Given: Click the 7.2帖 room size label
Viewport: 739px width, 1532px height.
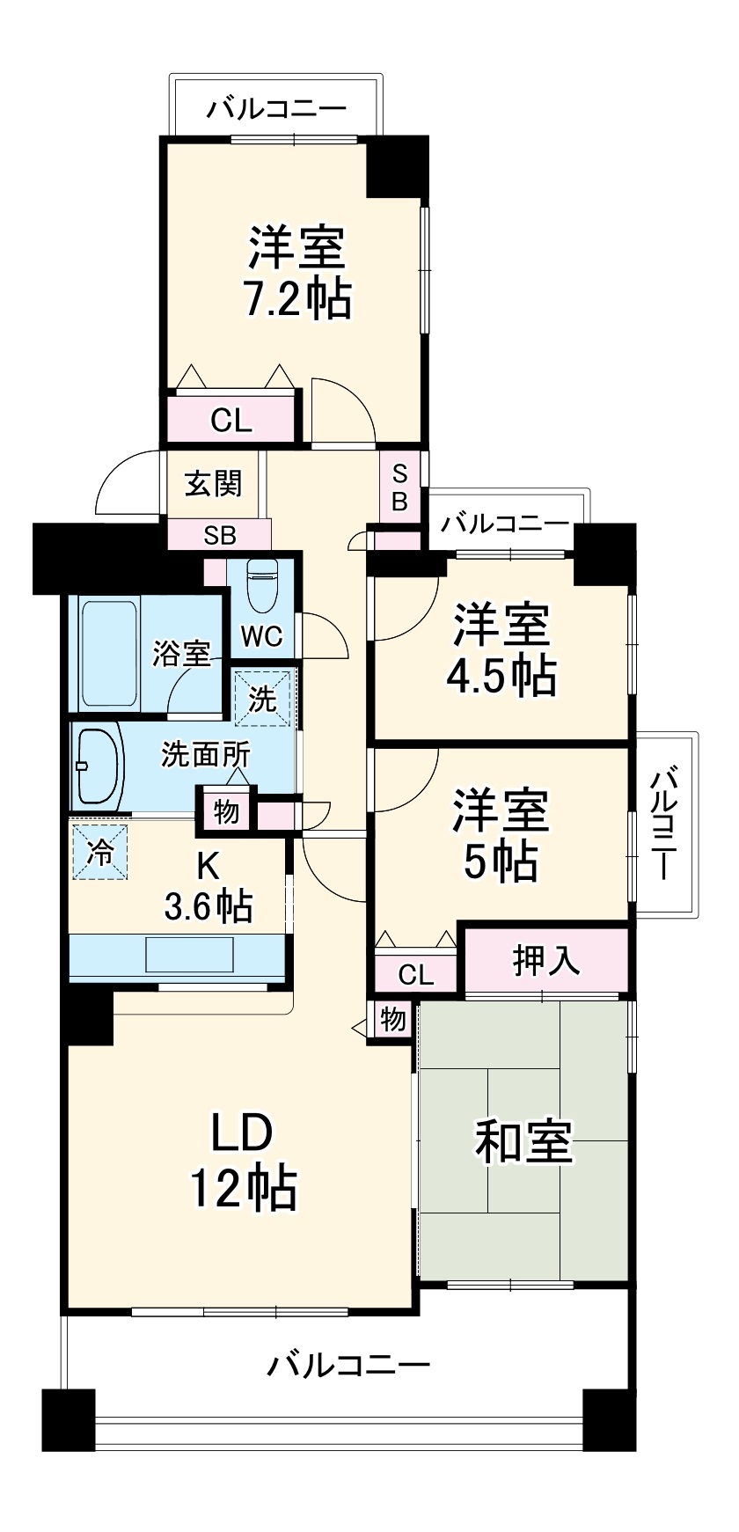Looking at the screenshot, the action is (x=297, y=299).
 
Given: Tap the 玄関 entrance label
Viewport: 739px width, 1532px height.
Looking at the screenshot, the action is (x=213, y=483).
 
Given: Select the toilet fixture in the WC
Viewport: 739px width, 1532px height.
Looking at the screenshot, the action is (x=261, y=587).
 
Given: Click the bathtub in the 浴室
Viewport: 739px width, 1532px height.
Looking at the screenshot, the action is (x=109, y=652).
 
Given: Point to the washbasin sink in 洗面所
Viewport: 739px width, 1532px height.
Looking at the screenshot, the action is (x=98, y=765).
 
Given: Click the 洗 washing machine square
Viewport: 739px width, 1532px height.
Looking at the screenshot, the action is (x=262, y=698).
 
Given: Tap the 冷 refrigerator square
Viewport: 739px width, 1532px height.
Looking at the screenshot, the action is (x=100, y=851).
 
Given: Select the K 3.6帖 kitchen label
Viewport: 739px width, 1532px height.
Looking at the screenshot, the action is (x=209, y=885).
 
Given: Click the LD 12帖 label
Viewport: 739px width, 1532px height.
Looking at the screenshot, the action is (x=244, y=1160).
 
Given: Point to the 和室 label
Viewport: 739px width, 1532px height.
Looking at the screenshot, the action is (x=524, y=1141).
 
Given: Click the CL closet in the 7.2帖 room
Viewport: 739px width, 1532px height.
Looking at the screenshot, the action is (x=231, y=420).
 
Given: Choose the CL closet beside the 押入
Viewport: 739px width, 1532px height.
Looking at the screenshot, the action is (x=416, y=974).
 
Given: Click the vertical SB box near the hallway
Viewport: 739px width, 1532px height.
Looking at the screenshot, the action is (x=400, y=487).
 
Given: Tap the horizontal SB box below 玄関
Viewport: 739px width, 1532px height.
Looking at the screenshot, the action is (x=220, y=534).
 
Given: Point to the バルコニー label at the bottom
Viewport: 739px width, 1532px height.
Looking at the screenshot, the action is (x=349, y=1365).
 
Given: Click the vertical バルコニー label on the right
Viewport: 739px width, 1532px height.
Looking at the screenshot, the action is (x=666, y=825).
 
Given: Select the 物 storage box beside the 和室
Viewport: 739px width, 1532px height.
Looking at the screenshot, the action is (x=393, y=1019).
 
